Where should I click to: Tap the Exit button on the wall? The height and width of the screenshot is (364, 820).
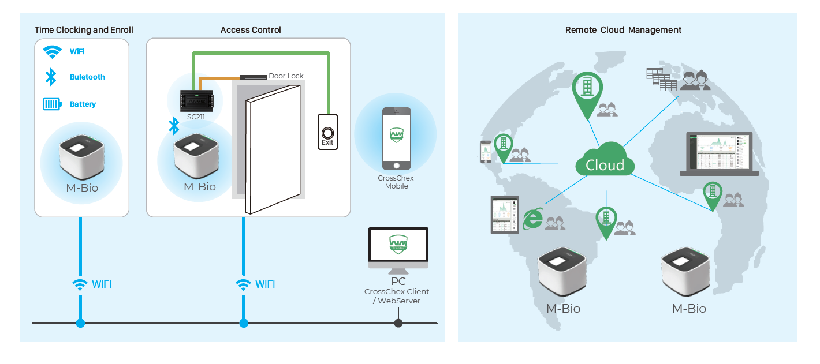pyautogui.click(x=327, y=133)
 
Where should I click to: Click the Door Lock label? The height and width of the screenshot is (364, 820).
pyautogui.click(x=286, y=76)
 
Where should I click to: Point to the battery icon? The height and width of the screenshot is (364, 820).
pyautogui.click(x=52, y=104)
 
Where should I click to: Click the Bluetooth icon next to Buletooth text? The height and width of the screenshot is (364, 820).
pyautogui.click(x=51, y=77)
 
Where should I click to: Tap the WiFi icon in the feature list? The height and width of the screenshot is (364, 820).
pyautogui.click(x=53, y=52)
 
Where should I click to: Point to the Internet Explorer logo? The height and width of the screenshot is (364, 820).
pyautogui.click(x=532, y=219)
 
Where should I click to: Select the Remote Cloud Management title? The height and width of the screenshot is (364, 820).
pyautogui.click(x=623, y=30)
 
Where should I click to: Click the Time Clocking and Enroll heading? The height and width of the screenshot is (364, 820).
pyautogui.click(x=84, y=30)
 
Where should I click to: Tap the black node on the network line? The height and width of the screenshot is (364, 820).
pyautogui.click(x=398, y=323)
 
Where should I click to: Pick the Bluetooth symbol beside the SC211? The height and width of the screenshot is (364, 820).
pyautogui.click(x=174, y=126)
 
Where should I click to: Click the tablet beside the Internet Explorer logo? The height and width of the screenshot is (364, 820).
pyautogui.click(x=505, y=214)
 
